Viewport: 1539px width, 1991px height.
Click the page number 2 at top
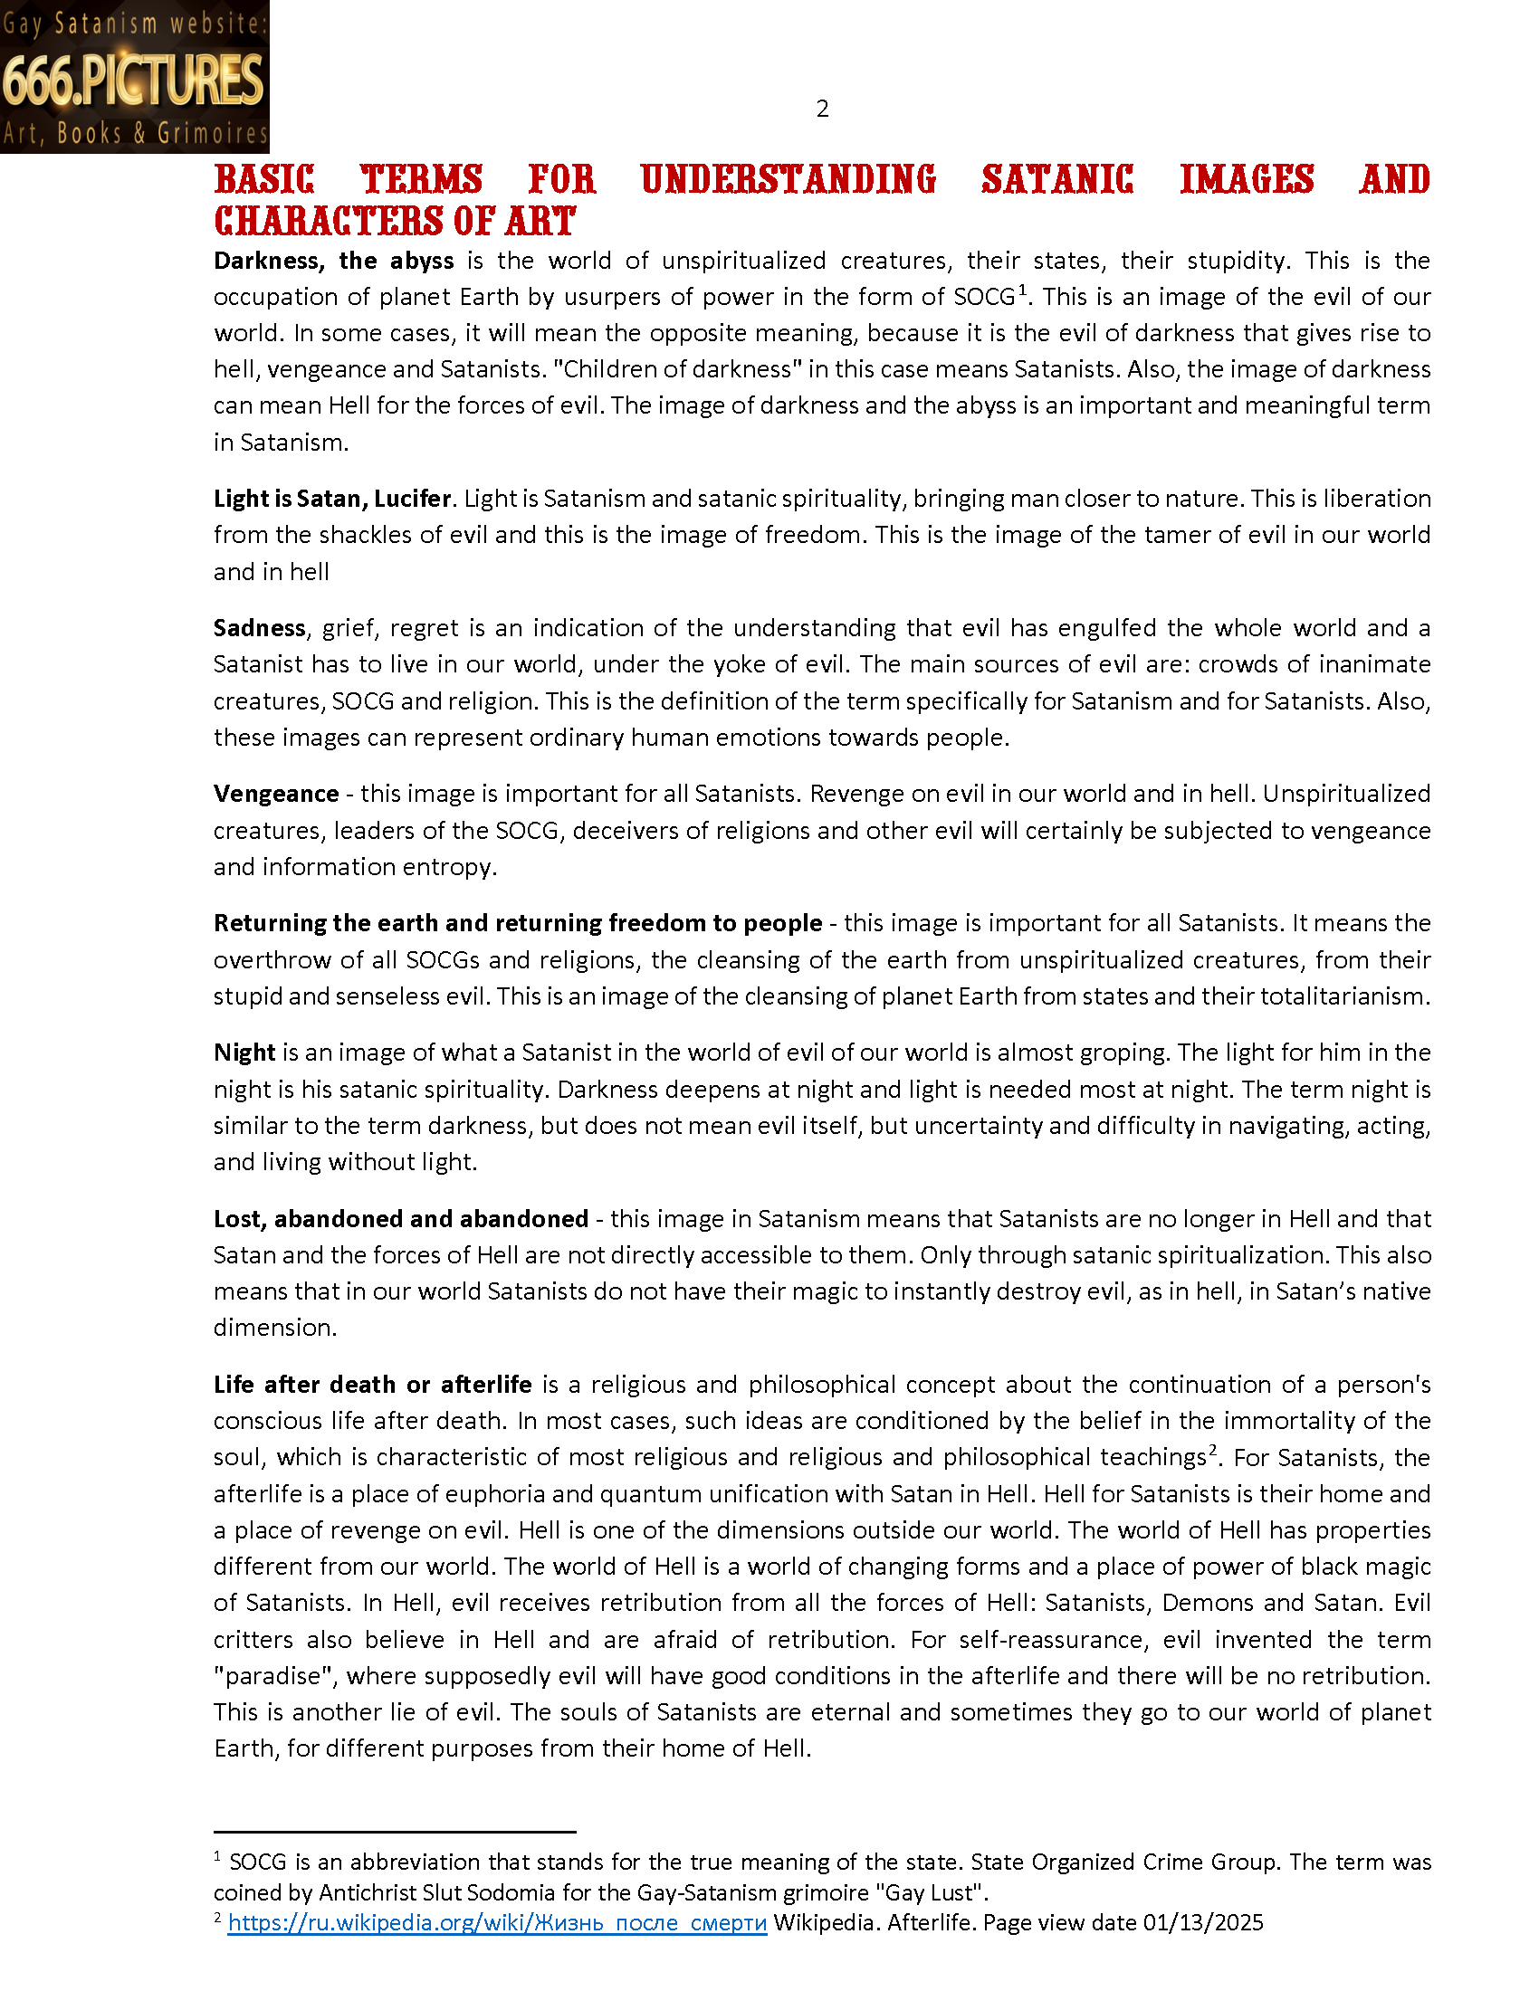pyautogui.click(x=821, y=110)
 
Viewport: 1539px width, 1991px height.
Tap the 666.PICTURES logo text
pyautogui.click(x=133, y=80)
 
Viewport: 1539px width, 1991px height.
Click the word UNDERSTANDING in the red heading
pyautogui.click(x=788, y=179)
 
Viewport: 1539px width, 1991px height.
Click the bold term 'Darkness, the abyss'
pyautogui.click(x=333, y=261)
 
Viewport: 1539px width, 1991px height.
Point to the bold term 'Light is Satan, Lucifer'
pyautogui.click(x=332, y=499)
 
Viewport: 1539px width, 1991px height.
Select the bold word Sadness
pyautogui.click(x=259, y=628)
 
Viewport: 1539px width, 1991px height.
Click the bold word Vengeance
pyautogui.click(x=275, y=794)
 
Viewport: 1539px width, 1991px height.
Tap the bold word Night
pyautogui.click(x=244, y=1053)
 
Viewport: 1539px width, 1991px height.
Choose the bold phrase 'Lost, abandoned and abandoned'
pyautogui.click(x=400, y=1219)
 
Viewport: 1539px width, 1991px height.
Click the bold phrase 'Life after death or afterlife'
pyautogui.click(x=372, y=1385)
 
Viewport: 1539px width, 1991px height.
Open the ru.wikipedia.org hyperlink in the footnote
pyautogui.click(x=497, y=1923)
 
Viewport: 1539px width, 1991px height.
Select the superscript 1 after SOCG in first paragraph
pyautogui.click(x=1023, y=291)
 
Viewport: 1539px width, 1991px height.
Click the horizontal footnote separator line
pyautogui.click(x=394, y=1832)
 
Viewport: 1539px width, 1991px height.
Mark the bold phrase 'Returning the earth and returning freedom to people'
pyautogui.click(x=517, y=923)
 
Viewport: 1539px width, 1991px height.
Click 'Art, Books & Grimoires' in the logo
pyautogui.click(x=134, y=134)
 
